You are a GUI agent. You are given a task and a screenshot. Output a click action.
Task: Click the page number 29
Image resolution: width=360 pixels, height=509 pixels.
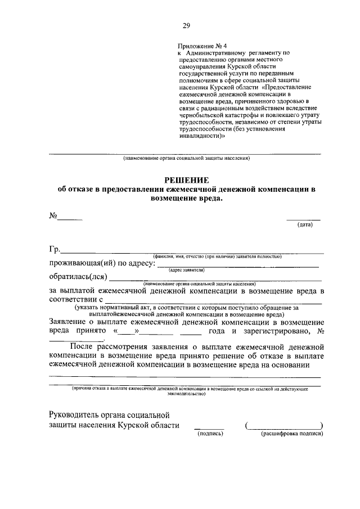pos(186,25)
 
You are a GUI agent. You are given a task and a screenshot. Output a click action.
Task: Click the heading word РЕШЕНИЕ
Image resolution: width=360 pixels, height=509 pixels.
pos(186,180)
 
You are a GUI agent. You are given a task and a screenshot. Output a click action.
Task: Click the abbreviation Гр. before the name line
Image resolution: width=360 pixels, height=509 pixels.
pos(55,250)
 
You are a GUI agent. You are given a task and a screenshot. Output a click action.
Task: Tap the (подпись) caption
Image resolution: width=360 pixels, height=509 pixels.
pos(209,434)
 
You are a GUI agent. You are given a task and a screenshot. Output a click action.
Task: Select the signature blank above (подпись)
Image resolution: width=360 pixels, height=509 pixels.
pos(209,427)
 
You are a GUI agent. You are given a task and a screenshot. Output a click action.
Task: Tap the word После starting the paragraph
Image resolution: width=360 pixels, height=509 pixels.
pos(84,347)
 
